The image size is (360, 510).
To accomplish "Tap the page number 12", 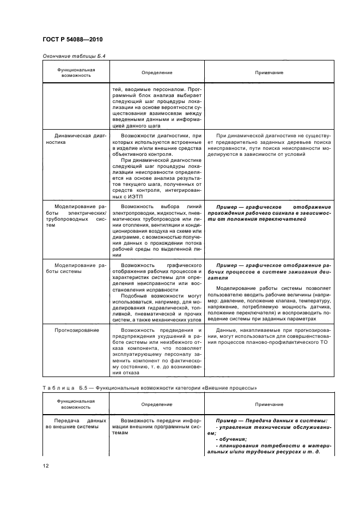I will pyautogui.click(x=45, y=464).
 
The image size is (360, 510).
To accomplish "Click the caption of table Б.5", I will pyautogui.click(x=149, y=387).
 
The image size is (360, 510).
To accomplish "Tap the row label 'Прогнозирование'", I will pyautogui.click(x=76, y=330).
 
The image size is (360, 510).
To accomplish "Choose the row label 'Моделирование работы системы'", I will pyautogui.click(x=73, y=268).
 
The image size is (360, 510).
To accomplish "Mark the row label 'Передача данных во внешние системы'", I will pyautogui.click(x=73, y=424).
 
